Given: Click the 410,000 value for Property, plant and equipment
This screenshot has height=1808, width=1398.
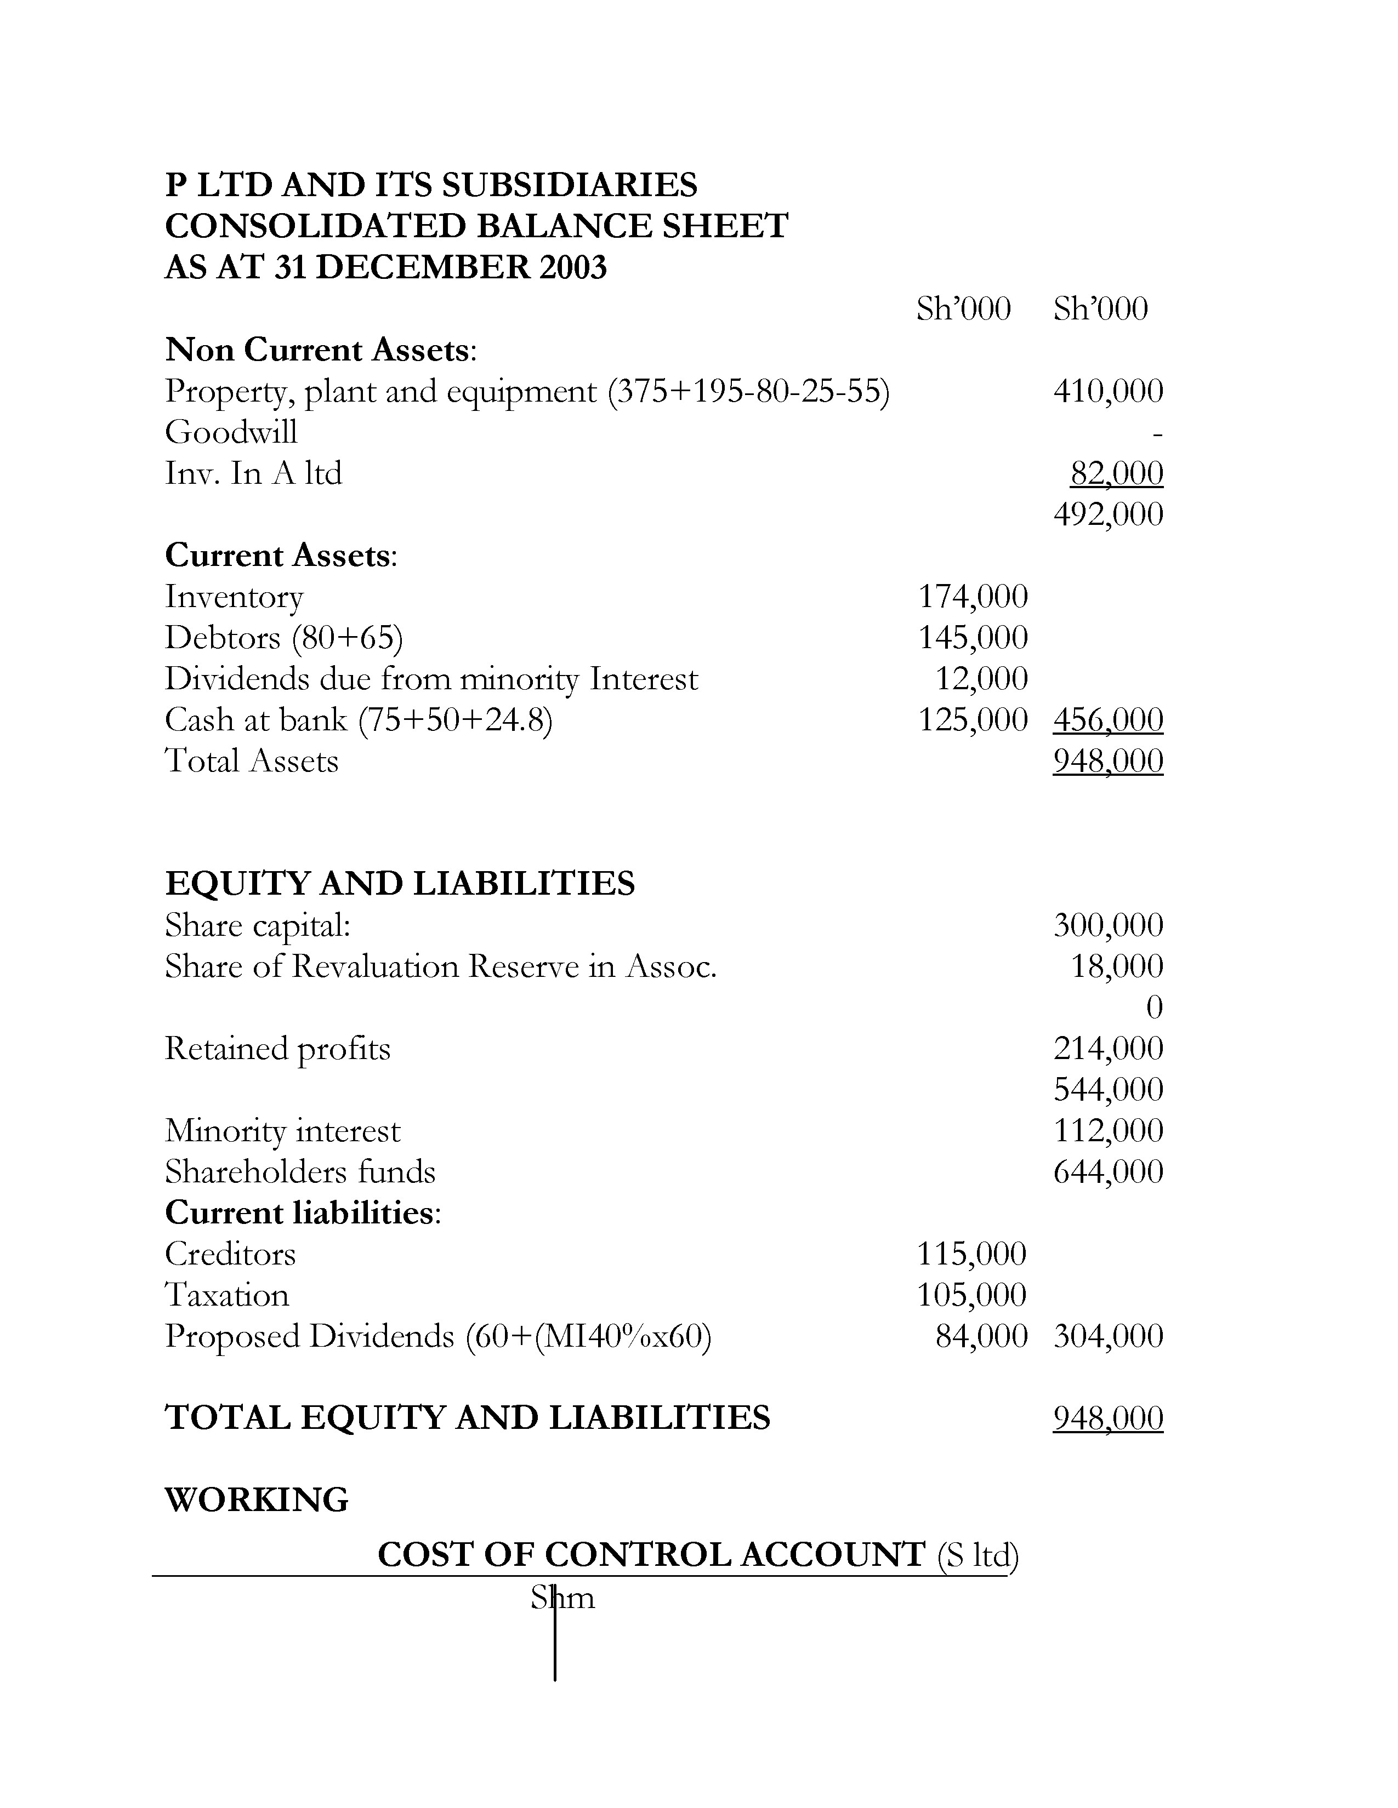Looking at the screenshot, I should click(x=1107, y=391).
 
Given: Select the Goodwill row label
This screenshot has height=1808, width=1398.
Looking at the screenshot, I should click(x=230, y=432).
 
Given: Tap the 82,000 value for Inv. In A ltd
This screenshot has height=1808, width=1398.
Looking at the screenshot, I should click(x=1116, y=473).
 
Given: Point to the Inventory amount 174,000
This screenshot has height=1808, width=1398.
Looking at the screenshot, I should click(x=973, y=596).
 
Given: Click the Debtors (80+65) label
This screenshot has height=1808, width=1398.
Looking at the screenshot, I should click(x=283, y=637).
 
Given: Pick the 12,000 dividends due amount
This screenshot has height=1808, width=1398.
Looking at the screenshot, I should click(x=981, y=679).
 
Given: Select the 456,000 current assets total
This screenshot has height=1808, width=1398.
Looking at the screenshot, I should click(x=1107, y=719).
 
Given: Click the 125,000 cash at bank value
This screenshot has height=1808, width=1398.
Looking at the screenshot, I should click(x=973, y=719).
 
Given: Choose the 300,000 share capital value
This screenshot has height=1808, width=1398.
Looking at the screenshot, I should click(x=1107, y=925).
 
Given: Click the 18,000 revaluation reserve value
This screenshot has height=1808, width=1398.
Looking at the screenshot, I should click(x=1116, y=966).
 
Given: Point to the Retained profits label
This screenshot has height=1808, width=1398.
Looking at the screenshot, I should click(x=277, y=1048).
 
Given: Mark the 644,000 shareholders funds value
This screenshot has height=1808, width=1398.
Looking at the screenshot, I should click(x=1107, y=1171).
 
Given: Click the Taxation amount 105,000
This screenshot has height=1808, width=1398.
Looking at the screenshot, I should click(x=970, y=1295).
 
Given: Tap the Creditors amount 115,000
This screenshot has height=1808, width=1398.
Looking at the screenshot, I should click(x=970, y=1254).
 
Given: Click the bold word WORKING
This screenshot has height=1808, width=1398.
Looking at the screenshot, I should click(x=257, y=1499).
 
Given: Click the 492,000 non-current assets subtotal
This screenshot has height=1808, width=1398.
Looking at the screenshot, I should click(x=1107, y=514).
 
